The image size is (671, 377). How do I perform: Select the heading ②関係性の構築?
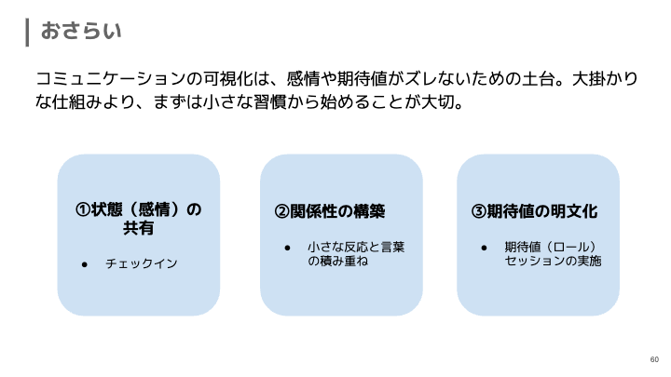click(x=330, y=211)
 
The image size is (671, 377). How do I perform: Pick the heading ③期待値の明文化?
click(x=535, y=211)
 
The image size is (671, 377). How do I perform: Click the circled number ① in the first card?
click(x=83, y=209)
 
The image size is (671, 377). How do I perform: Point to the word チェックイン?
click(x=141, y=264)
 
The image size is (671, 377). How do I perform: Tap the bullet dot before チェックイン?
click(x=84, y=264)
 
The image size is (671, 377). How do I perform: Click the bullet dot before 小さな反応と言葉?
click(x=289, y=248)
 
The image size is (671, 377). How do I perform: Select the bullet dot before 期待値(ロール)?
click(x=485, y=248)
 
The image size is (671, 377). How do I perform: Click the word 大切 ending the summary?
click(x=435, y=102)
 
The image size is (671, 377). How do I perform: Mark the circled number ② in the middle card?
click(x=281, y=211)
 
